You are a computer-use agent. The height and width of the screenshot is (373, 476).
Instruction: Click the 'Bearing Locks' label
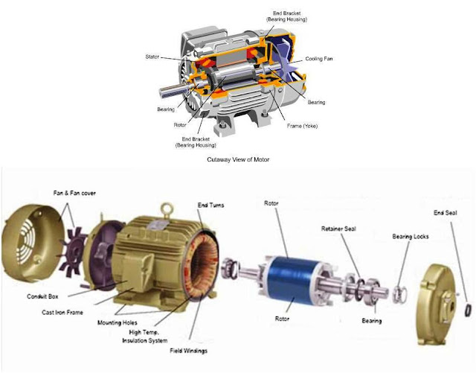pos(411,236)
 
